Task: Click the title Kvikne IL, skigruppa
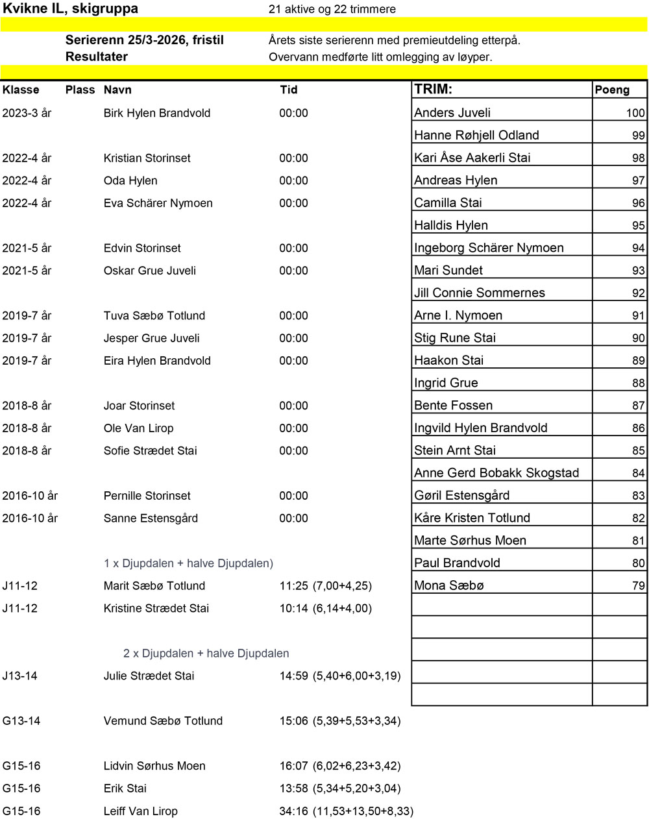[x=71, y=8]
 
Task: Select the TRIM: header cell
[x=433, y=90]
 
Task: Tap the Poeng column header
[x=612, y=90]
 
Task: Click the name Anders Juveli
[x=452, y=112]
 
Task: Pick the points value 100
[x=635, y=113]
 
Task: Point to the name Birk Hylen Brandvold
[x=157, y=113]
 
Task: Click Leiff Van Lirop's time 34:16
[x=293, y=811]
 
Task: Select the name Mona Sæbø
[x=449, y=585]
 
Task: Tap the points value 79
[x=638, y=586]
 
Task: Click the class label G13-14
[x=21, y=721]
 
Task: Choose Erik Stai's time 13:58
[x=293, y=788]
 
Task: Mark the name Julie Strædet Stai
[x=149, y=676]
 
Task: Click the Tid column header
[x=289, y=90]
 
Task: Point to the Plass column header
[x=80, y=90]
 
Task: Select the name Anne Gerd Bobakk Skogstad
[x=496, y=473]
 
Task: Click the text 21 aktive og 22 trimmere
[x=332, y=9]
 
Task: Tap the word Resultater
[x=96, y=56]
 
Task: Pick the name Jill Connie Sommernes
[x=480, y=293]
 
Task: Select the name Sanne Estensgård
[x=151, y=519]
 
